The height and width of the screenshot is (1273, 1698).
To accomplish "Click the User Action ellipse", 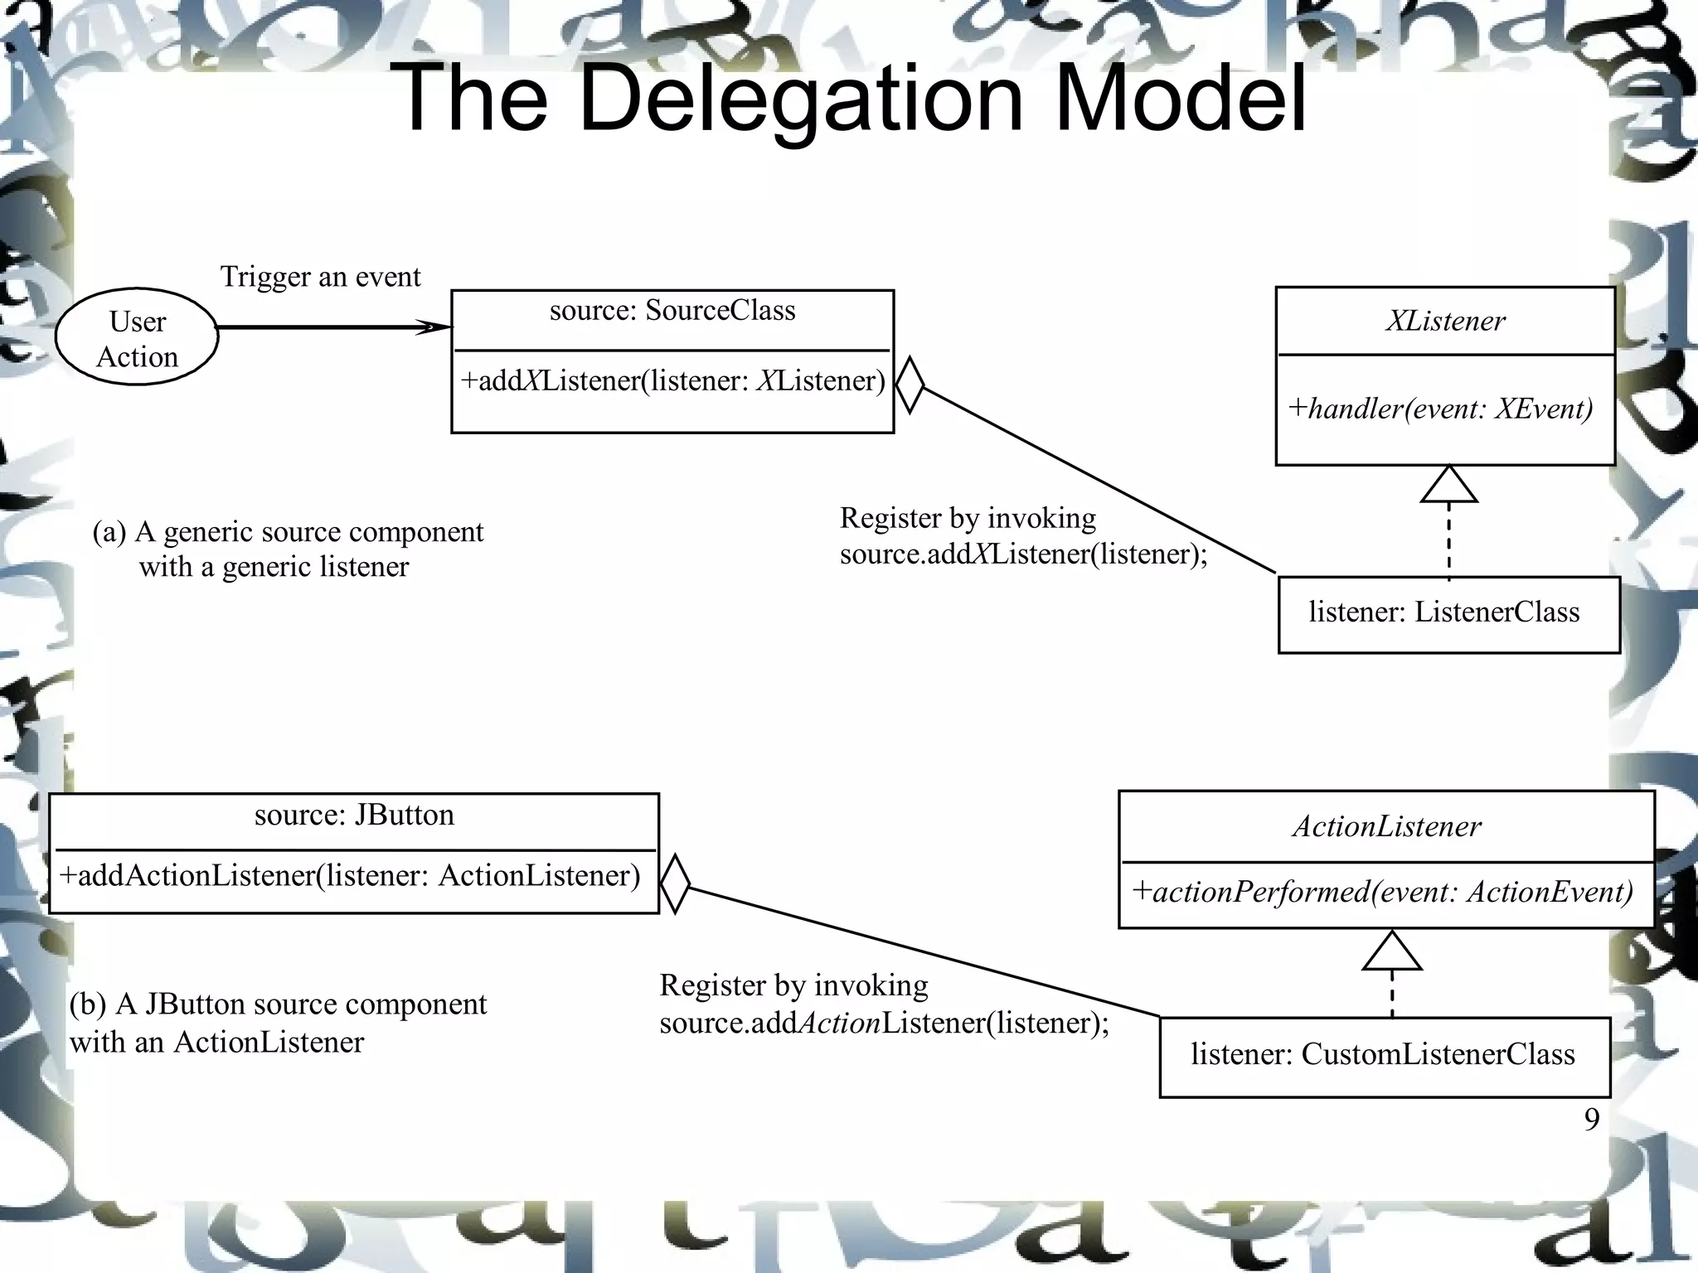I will [x=137, y=337].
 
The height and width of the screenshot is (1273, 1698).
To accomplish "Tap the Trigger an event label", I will [x=320, y=277].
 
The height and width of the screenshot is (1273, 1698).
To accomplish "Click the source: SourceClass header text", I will [x=672, y=311].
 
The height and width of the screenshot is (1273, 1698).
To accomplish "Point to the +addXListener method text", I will [x=672, y=381].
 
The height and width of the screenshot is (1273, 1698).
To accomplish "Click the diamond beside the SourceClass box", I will [x=910, y=385].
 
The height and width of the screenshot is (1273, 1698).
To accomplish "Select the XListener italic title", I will [x=1445, y=322].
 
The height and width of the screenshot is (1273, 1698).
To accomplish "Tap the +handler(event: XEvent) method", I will [x=1440, y=409].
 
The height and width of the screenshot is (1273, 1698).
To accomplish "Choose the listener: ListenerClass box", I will [x=1448, y=614].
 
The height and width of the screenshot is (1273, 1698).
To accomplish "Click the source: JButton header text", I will [x=354, y=816].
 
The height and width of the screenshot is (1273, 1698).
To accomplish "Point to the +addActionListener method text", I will [x=350, y=876].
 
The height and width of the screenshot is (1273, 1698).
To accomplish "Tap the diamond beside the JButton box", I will [x=675, y=884].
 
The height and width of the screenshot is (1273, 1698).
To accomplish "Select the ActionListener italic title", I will [x=1386, y=827].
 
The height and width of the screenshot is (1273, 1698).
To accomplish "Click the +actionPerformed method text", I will [x=1383, y=893].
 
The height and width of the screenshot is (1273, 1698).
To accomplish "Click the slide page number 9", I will [x=1591, y=1120].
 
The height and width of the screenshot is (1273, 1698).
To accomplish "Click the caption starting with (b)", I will [x=278, y=1023].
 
